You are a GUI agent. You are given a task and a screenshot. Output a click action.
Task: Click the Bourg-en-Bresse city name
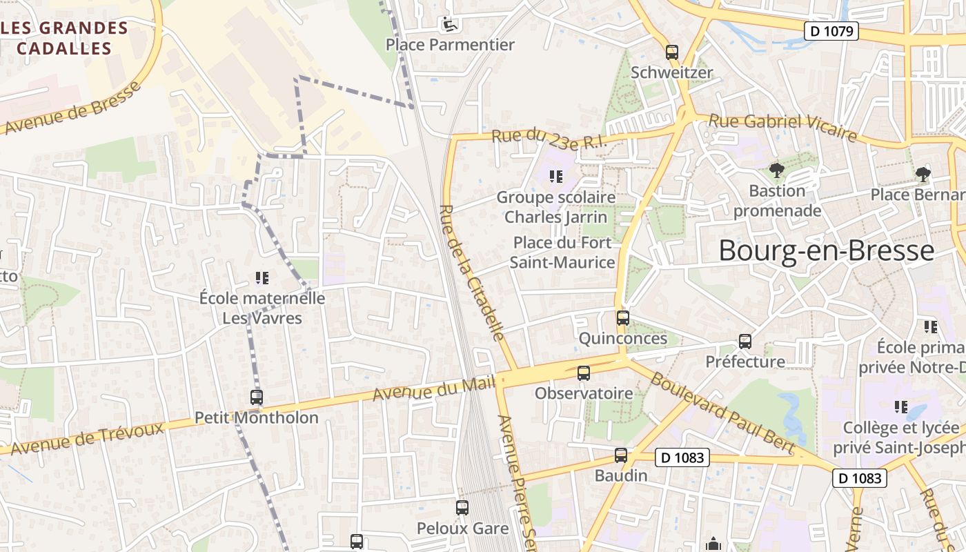826,250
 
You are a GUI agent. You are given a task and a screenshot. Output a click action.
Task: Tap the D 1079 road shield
831,31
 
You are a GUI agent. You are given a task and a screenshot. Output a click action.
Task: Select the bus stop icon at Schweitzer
672,52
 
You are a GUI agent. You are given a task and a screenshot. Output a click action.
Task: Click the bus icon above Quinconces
623,318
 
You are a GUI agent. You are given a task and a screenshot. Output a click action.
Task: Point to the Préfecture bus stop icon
745,342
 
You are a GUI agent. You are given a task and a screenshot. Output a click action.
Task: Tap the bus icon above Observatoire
584,373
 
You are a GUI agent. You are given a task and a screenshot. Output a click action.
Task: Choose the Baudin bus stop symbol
621,455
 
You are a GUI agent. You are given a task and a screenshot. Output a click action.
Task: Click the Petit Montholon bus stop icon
257,397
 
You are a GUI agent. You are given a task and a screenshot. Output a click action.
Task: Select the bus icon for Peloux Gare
462,508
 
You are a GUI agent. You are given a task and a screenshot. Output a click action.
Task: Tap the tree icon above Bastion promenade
777,170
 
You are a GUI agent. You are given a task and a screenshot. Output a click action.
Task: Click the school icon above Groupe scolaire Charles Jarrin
556,177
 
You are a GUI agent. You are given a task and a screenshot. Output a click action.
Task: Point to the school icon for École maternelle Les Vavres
262,278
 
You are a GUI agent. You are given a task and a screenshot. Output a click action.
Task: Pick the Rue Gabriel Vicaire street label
782,127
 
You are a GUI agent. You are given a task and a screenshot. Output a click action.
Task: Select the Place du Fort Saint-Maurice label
562,253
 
